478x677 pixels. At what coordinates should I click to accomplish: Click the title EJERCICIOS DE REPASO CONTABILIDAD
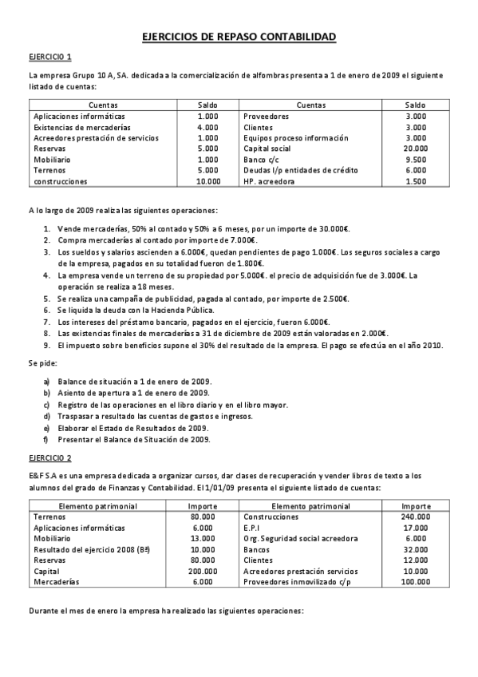coord(239,37)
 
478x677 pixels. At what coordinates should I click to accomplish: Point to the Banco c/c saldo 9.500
coord(416,160)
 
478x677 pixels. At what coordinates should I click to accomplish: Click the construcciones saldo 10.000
coord(207,181)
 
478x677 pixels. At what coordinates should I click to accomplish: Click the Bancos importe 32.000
coord(417,549)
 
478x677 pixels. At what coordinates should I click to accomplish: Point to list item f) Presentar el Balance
coord(128,439)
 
